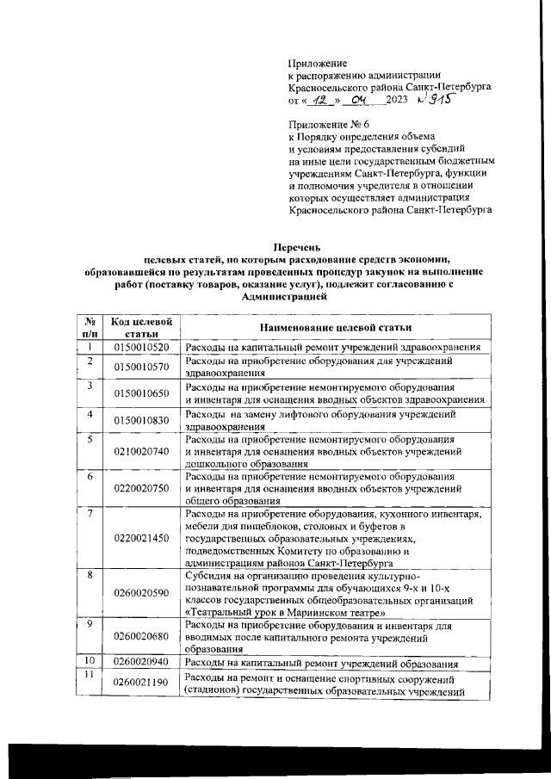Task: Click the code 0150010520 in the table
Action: click(x=140, y=347)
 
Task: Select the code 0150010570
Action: click(x=140, y=367)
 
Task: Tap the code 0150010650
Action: click(x=140, y=393)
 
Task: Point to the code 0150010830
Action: click(x=140, y=419)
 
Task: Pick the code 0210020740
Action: click(x=140, y=451)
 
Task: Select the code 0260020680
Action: click(x=140, y=636)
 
